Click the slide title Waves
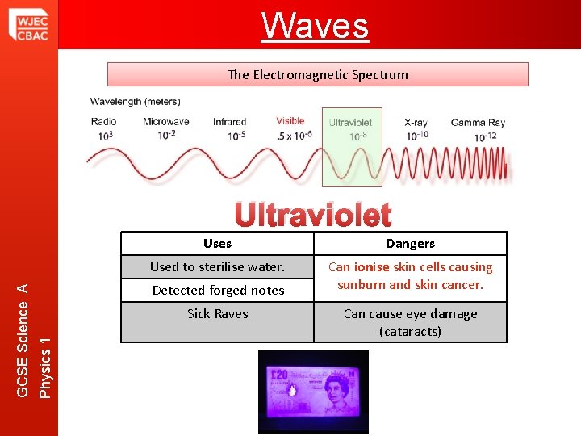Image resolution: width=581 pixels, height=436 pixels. click(x=315, y=25)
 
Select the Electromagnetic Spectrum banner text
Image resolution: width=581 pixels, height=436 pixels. click(x=318, y=74)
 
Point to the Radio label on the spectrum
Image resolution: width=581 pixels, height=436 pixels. click(x=104, y=122)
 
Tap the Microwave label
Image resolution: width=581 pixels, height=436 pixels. click(x=165, y=122)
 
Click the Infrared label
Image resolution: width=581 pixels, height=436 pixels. click(x=230, y=122)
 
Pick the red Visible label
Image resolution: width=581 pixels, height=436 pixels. click(x=290, y=121)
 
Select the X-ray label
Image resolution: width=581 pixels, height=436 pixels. click(x=416, y=122)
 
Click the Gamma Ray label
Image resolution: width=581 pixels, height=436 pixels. click(x=478, y=122)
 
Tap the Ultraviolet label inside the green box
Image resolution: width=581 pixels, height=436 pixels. click(x=350, y=123)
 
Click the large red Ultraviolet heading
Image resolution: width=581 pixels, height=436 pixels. click(x=313, y=215)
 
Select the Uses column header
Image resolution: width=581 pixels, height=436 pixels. click(x=217, y=243)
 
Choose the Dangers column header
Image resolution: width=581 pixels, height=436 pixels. click(x=410, y=243)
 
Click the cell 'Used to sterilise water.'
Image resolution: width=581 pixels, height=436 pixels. click(x=217, y=266)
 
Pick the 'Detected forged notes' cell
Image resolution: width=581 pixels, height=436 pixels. click(x=218, y=290)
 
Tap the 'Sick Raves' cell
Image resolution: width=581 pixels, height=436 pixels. click(x=217, y=313)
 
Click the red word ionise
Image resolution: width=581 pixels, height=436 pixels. click(x=371, y=266)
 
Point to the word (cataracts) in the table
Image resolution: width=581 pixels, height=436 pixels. click(x=410, y=331)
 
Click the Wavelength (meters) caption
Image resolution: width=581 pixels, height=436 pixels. click(x=136, y=102)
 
